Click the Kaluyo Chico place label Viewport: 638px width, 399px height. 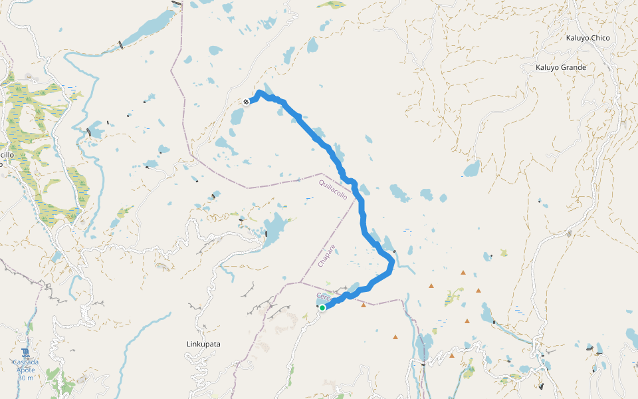point(587,38)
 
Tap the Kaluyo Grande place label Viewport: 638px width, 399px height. point(561,67)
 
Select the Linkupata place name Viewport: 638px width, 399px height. point(203,344)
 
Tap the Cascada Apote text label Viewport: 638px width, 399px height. point(25,366)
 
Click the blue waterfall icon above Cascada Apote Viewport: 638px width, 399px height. point(25,352)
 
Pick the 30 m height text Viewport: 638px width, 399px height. point(25,377)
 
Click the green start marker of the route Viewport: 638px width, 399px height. point(322,308)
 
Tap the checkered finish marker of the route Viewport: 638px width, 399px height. point(246,102)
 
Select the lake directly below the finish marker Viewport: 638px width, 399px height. point(237,117)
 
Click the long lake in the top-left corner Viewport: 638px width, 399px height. point(150,27)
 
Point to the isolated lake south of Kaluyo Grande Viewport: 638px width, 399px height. point(472,168)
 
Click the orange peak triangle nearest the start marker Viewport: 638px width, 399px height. point(363,305)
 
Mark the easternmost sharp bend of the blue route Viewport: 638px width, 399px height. point(393,265)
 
